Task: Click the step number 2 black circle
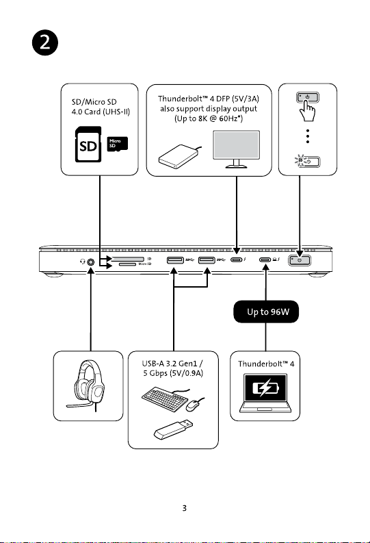(45, 42)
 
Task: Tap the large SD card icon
(88, 144)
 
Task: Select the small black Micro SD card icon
(117, 144)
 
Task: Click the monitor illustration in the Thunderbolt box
(236, 149)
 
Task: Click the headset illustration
(88, 386)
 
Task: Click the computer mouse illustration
(194, 404)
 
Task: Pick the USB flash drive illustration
(173, 429)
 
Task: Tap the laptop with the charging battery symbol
(265, 393)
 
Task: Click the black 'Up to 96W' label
(266, 312)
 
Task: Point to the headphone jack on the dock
(90, 262)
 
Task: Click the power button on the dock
(300, 260)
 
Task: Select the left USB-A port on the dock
(175, 260)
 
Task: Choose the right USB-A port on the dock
(207, 260)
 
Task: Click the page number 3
(184, 508)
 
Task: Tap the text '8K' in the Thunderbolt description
(203, 118)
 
